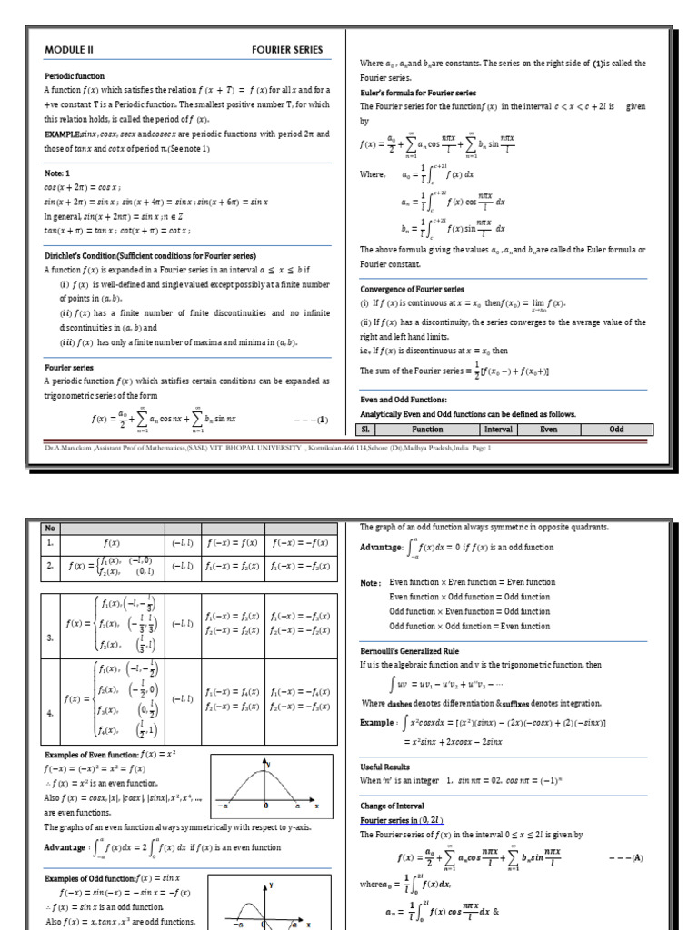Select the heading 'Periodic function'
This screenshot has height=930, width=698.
[x=75, y=76]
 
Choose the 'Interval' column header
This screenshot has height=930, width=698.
[x=498, y=430]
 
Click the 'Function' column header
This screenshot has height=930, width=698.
[x=427, y=430]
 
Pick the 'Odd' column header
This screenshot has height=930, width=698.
[x=616, y=430]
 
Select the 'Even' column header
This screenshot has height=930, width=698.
[x=548, y=430]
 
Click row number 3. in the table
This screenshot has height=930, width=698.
[x=51, y=638]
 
